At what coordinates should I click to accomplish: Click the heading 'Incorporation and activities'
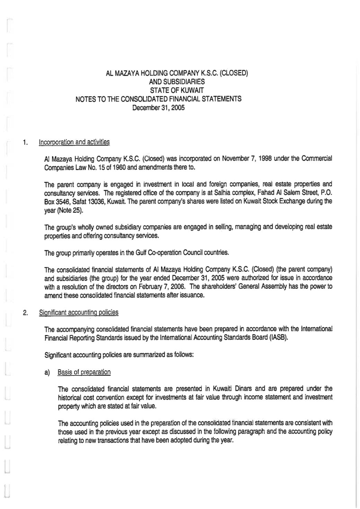pos(74,142)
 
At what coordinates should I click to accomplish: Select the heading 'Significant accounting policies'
pos(79,312)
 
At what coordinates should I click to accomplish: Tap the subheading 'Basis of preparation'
pos(84,372)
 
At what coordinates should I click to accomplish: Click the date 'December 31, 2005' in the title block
pos(159,108)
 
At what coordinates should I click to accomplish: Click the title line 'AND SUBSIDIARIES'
pos(177,82)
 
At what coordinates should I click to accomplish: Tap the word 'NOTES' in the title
pos(84,99)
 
